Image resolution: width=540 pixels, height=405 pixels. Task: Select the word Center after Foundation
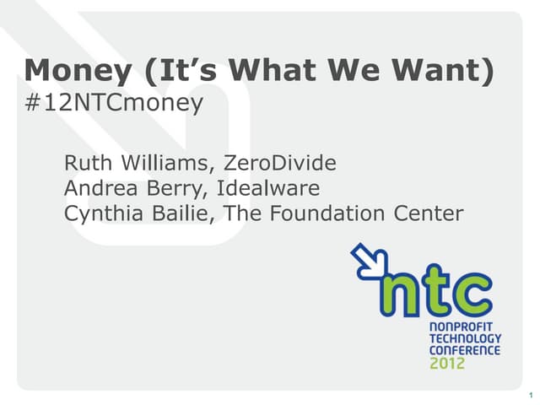tap(429, 213)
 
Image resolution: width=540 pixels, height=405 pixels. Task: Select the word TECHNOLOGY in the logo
tap(465, 338)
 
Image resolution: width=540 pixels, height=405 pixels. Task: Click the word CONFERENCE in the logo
tap(465, 349)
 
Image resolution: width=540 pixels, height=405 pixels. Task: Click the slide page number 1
tap(528, 396)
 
